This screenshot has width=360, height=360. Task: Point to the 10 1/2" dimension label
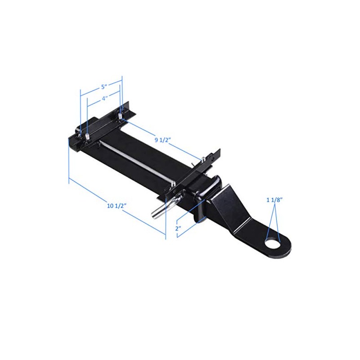point(116,206)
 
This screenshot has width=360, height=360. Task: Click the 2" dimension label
point(179,229)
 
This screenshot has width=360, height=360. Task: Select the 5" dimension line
point(101,82)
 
